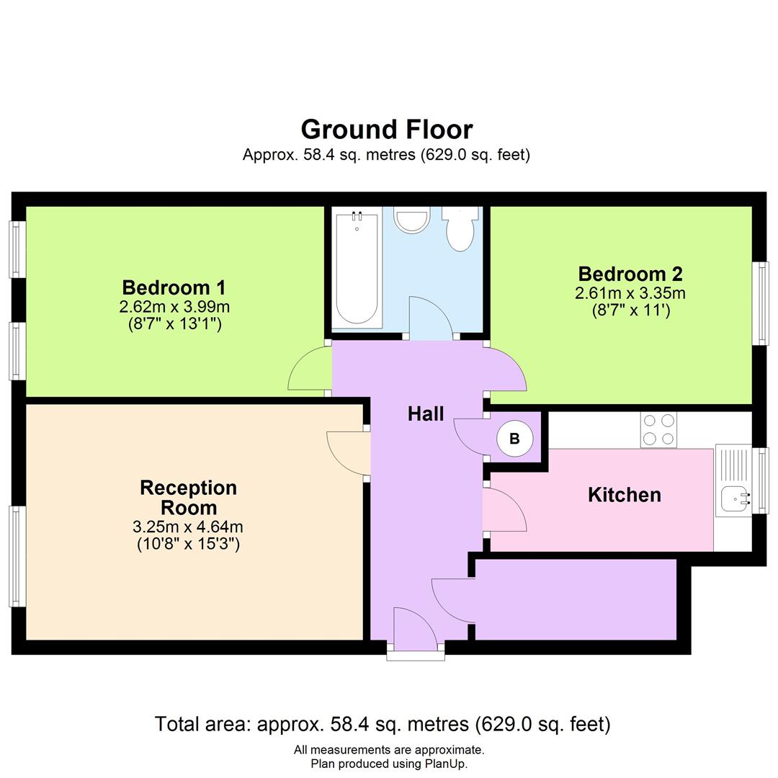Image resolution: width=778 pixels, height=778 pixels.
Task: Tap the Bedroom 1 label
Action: pyautogui.click(x=174, y=287)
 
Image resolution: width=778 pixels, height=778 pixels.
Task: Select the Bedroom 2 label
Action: pyautogui.click(x=630, y=274)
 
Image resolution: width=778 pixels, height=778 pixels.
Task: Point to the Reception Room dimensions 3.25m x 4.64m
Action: pyautogui.click(x=188, y=527)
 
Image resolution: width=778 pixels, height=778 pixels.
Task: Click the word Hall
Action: pyautogui.click(x=426, y=413)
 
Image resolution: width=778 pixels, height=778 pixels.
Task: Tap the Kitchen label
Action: pyautogui.click(x=624, y=495)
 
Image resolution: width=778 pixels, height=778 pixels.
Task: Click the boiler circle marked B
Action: pyautogui.click(x=514, y=438)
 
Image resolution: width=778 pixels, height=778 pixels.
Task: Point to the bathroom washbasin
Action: pyautogui.click(x=412, y=219)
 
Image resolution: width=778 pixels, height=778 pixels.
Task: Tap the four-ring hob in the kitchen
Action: pyautogui.click(x=658, y=430)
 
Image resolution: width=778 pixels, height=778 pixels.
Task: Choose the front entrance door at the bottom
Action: pyautogui.click(x=416, y=628)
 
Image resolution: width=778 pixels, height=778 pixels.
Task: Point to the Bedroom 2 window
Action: pyautogui.click(x=760, y=303)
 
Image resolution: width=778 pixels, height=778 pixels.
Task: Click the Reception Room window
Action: pyautogui.click(x=17, y=555)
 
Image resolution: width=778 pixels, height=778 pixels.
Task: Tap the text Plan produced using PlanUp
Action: pyautogui.click(x=389, y=764)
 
